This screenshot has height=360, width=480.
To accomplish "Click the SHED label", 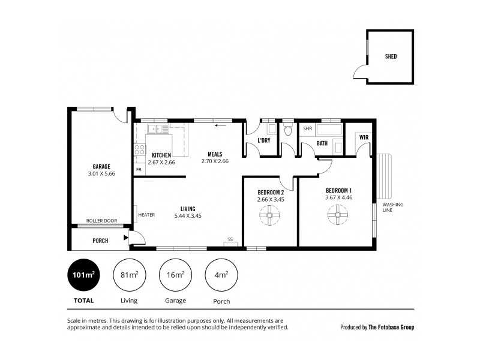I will point(391,58).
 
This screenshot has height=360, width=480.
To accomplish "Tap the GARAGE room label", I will point(101,166).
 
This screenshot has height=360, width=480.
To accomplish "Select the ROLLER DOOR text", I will point(101,220).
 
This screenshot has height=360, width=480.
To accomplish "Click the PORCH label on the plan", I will point(100,241).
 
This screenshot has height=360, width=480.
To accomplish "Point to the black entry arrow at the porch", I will point(125,238).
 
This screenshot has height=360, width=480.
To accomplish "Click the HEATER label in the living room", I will point(146,215).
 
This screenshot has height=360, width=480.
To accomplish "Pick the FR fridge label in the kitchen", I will point(139,170).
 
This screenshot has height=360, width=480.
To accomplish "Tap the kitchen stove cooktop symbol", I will point(139,150).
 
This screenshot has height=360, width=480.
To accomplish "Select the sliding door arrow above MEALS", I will point(222,126).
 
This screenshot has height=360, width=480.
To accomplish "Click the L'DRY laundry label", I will point(263,140).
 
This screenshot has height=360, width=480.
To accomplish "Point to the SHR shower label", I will point(308,128).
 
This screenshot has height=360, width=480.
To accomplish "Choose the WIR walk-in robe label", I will point(364,137).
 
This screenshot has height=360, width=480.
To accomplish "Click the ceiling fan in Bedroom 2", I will point(269,215).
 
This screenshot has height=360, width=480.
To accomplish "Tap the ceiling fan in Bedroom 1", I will point(338,214).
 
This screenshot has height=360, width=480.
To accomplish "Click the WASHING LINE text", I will point(394,207).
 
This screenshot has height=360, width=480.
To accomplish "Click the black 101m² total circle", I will point(83,275).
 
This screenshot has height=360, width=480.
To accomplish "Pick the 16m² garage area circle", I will point(175,275).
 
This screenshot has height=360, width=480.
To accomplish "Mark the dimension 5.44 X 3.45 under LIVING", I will point(187,215).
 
